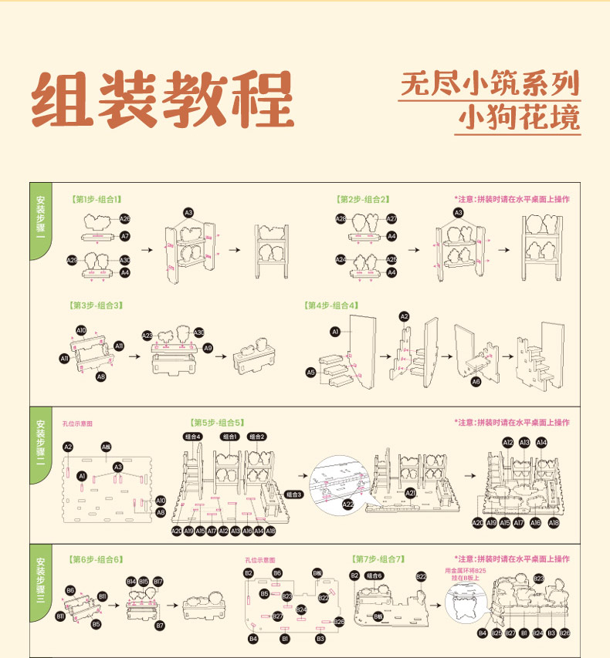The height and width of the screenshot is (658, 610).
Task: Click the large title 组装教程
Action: tap(163, 101)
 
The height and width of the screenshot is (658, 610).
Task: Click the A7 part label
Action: tap(125, 235)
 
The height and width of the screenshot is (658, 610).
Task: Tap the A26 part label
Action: tap(125, 219)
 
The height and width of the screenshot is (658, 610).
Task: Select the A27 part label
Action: tap(391, 219)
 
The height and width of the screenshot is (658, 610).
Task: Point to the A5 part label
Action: tap(311, 373)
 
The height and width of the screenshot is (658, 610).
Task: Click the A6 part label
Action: tap(476, 381)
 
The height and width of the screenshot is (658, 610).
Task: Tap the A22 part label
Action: tap(348, 504)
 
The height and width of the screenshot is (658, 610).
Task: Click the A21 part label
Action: tap(411, 493)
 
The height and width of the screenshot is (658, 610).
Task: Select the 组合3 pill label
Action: tap(294, 494)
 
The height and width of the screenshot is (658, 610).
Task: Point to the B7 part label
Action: tap(161, 626)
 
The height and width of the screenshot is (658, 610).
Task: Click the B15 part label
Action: tap(144, 581)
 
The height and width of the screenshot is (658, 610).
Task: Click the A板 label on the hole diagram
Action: tap(107, 447)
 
